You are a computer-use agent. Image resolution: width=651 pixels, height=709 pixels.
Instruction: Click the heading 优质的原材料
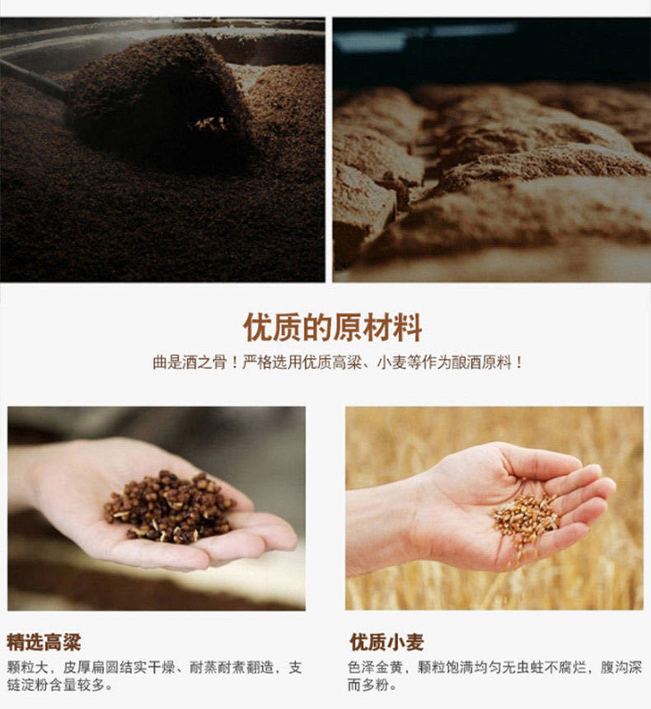coord(332,327)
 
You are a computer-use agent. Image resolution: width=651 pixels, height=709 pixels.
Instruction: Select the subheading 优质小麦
coord(386,641)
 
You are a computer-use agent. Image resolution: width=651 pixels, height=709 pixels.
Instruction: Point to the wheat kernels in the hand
coord(526,516)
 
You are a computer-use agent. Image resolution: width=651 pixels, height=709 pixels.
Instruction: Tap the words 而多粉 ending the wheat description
coord(367,685)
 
